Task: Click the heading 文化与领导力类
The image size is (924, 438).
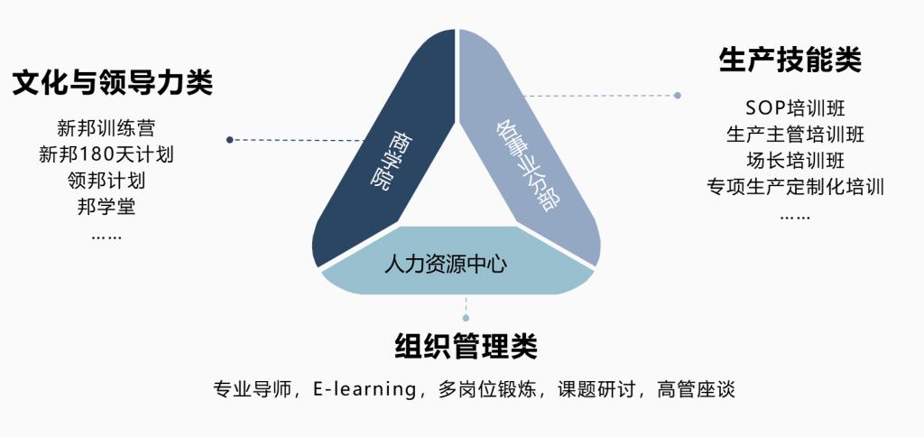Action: pyautogui.click(x=113, y=83)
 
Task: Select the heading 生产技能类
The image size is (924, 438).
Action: pyautogui.click(x=790, y=61)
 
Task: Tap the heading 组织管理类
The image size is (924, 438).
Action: pyautogui.click(x=466, y=347)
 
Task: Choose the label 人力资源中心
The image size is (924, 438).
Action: pyautogui.click(x=446, y=264)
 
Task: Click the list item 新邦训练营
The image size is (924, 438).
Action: pyautogui.click(x=106, y=128)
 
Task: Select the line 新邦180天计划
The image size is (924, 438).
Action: pyautogui.click(x=106, y=154)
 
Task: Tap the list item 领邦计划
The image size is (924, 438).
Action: pyautogui.click(x=106, y=180)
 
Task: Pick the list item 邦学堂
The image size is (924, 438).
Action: pyautogui.click(x=106, y=206)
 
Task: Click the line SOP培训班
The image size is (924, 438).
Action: pyautogui.click(x=796, y=107)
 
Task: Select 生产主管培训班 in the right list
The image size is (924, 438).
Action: pyautogui.click(x=796, y=134)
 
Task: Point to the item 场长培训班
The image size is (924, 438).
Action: pyautogui.click(x=796, y=160)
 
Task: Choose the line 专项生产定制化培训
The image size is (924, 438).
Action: pyautogui.click(x=796, y=186)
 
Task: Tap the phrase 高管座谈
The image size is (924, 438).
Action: pyautogui.click(x=696, y=389)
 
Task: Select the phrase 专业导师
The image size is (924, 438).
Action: pyautogui.click(x=253, y=389)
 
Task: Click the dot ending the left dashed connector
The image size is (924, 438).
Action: pyautogui.click(x=229, y=140)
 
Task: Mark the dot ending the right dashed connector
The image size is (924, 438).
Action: pyautogui.click(x=678, y=95)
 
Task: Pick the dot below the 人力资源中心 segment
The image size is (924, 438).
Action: pyautogui.click(x=466, y=318)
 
